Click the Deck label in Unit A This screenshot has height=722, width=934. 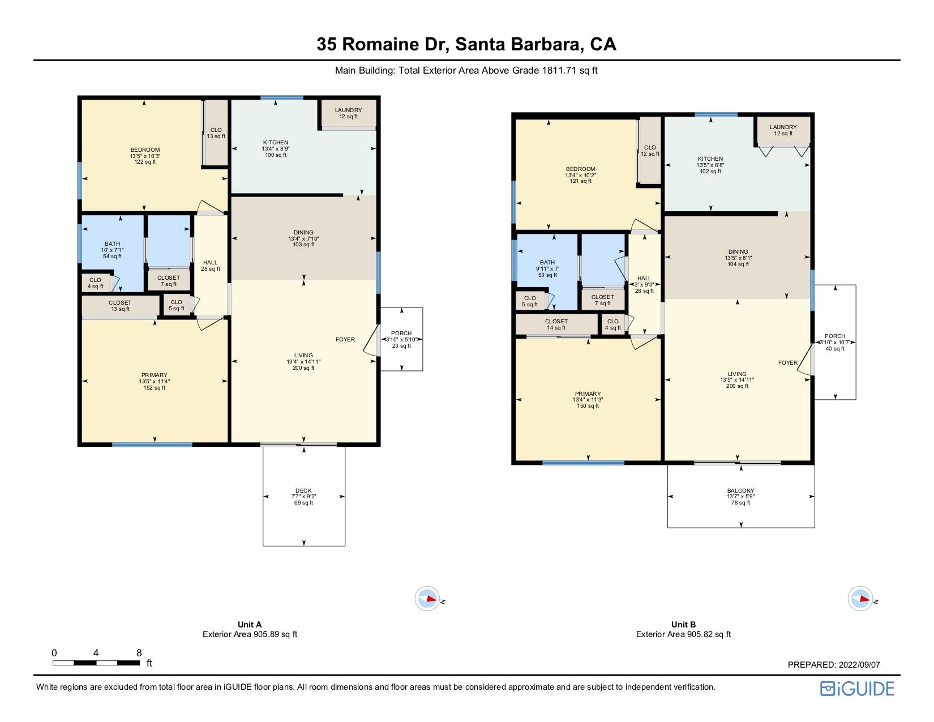click(x=303, y=490)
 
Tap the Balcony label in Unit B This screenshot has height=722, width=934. click(x=740, y=490)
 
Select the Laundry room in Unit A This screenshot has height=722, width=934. click(x=349, y=113)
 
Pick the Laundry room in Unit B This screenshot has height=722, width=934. click(x=783, y=130)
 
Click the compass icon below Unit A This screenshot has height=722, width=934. click(x=427, y=599)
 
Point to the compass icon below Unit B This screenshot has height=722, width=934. click(x=860, y=599)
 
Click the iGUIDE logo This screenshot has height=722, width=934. click(x=857, y=689)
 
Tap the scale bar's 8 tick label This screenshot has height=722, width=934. click(x=139, y=653)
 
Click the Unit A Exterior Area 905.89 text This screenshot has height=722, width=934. click(x=250, y=634)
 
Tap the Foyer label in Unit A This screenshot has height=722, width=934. click(x=345, y=339)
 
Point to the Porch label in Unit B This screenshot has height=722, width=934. click(x=835, y=336)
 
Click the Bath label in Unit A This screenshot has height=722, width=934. click(x=112, y=244)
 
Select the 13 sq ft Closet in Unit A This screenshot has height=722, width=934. click(x=120, y=306)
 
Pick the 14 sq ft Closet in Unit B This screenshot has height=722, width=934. click(x=556, y=324)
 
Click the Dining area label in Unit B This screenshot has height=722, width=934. click(x=738, y=252)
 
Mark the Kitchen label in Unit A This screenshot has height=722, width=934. click(x=276, y=142)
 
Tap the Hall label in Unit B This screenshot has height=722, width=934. click(x=644, y=278)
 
